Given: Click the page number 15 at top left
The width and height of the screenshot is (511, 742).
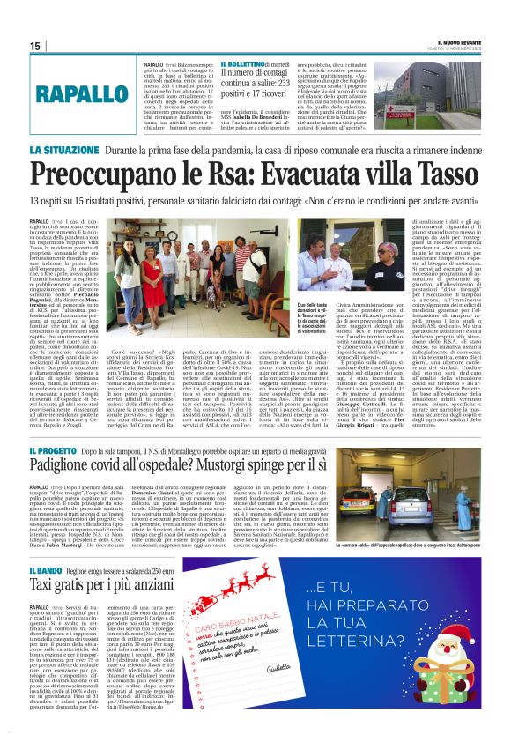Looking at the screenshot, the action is (35, 46).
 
